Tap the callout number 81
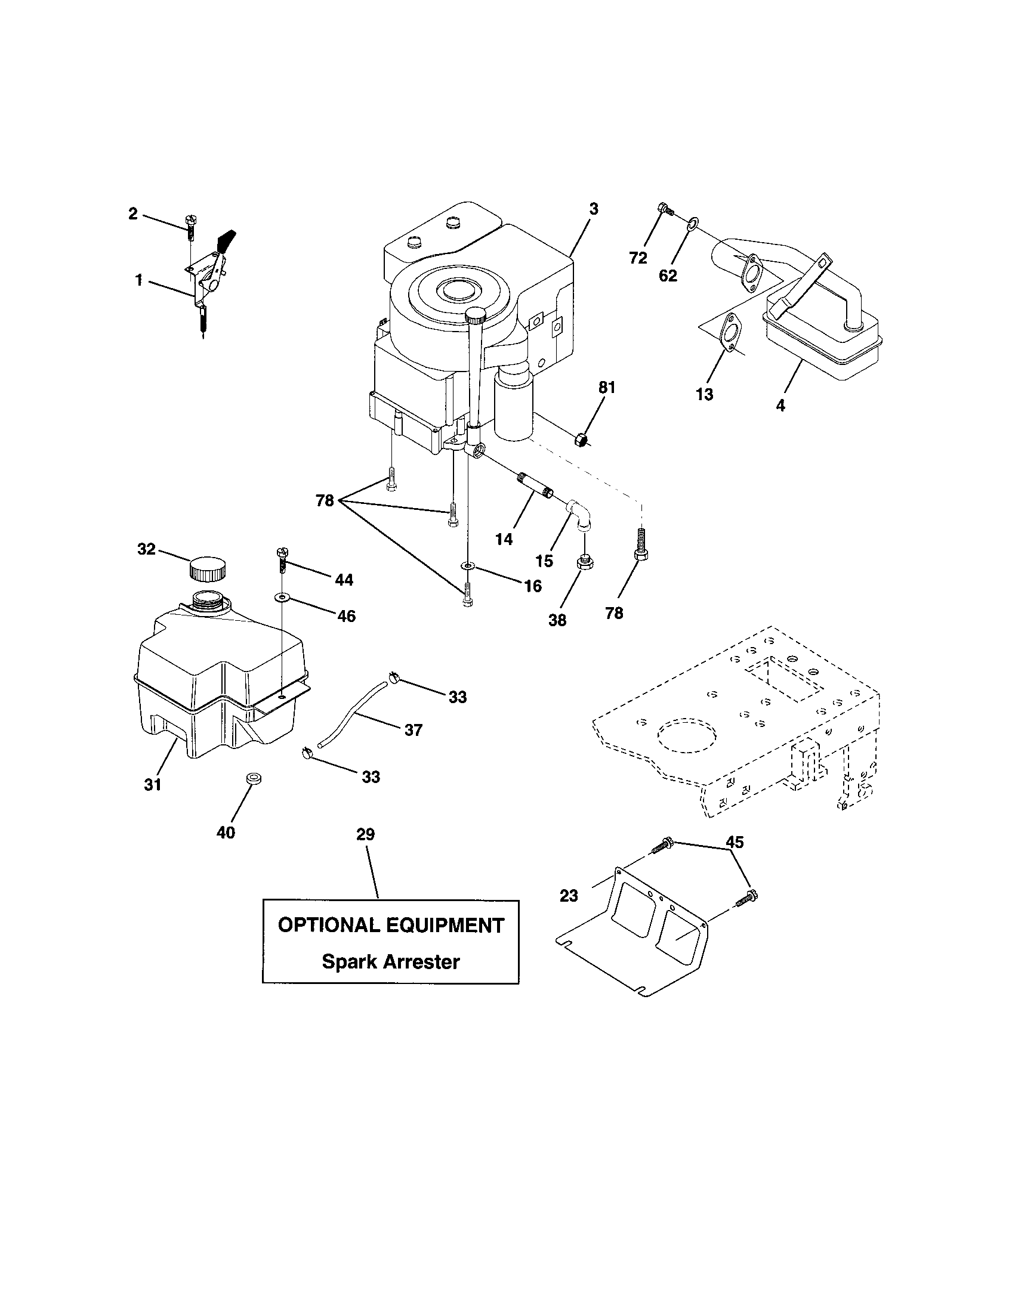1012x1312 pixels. tap(606, 388)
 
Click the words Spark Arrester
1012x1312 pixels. tap(391, 962)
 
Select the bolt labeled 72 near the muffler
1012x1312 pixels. tap(665, 209)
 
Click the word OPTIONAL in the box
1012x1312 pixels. tap(328, 925)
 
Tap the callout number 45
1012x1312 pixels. tap(735, 842)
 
